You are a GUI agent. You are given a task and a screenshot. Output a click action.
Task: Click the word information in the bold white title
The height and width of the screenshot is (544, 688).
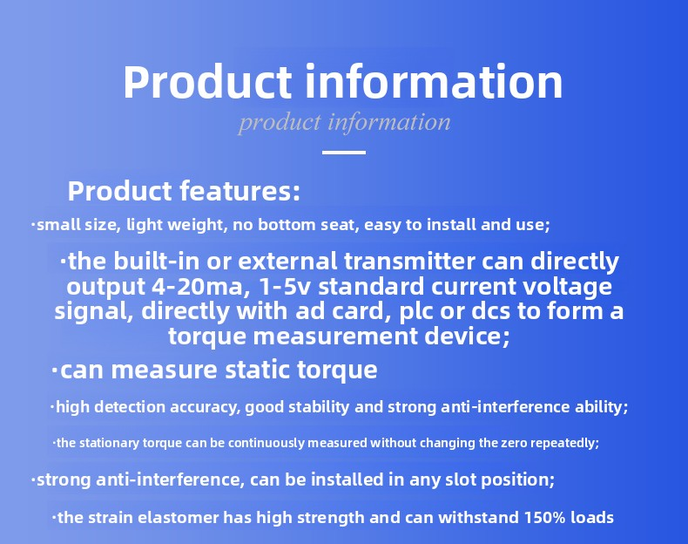pos(434,82)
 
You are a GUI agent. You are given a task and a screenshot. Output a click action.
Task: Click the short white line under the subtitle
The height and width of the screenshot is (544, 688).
pos(344,153)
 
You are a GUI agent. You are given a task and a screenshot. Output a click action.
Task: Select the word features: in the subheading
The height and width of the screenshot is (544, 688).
pos(239,191)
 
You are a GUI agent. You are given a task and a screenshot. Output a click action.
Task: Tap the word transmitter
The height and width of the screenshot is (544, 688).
pos(409,262)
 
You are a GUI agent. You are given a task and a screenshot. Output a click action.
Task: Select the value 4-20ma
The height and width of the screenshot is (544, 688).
pos(198,287)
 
